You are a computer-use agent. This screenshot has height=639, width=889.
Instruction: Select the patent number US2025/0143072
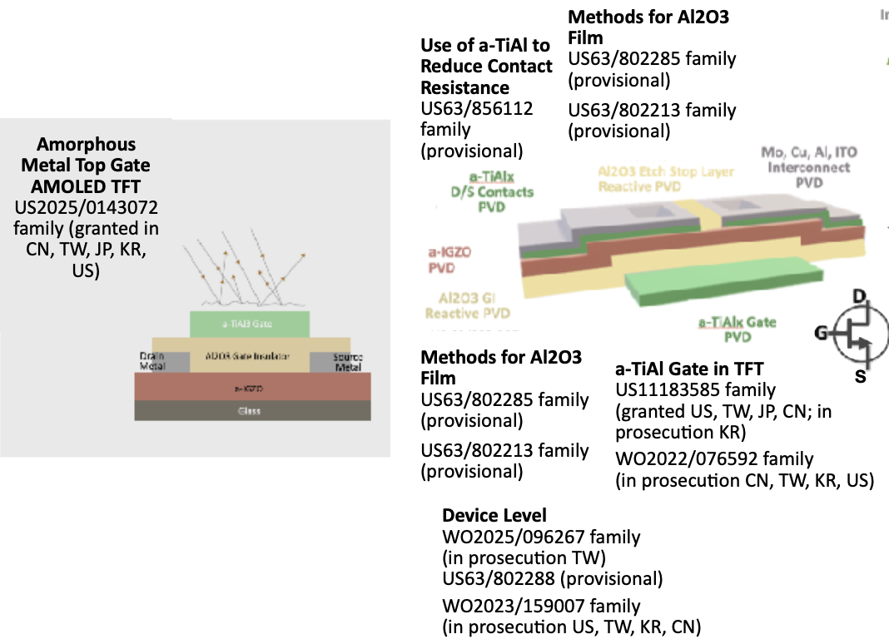(x=86, y=207)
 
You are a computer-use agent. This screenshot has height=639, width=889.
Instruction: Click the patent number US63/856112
(x=477, y=108)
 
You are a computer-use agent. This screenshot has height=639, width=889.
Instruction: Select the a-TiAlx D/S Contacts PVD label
(x=487, y=192)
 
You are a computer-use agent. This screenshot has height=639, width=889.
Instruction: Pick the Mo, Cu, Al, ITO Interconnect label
(x=808, y=166)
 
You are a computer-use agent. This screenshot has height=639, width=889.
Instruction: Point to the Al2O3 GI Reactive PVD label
(x=466, y=305)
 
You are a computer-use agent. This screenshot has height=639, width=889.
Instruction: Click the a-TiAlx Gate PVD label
(x=737, y=329)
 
